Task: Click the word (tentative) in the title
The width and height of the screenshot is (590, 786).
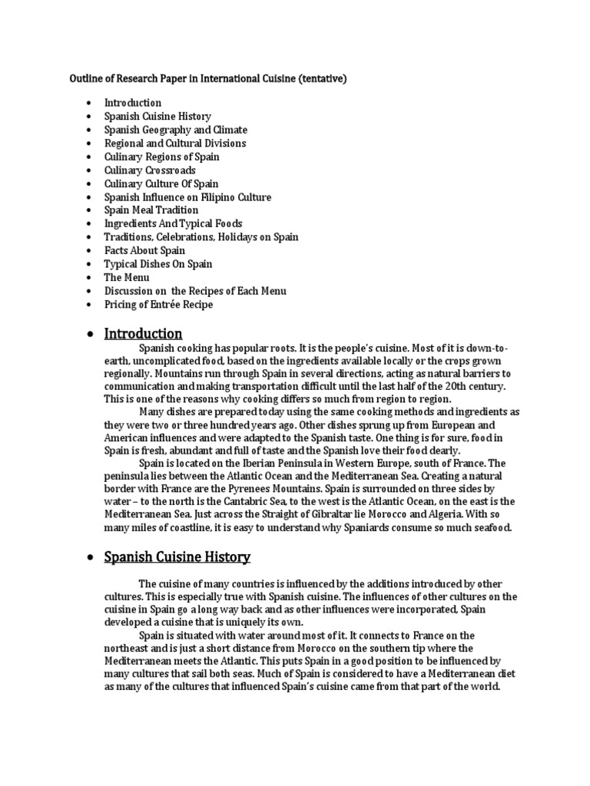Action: point(331,79)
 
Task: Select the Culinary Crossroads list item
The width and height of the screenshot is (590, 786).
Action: point(150,170)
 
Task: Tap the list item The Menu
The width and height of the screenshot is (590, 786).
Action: point(127,277)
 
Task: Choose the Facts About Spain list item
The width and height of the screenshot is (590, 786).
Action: point(144,250)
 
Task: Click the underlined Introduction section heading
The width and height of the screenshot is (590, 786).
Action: point(143,334)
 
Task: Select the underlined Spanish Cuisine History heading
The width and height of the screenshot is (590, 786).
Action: point(177,556)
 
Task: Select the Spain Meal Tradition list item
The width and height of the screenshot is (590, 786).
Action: point(151,210)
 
